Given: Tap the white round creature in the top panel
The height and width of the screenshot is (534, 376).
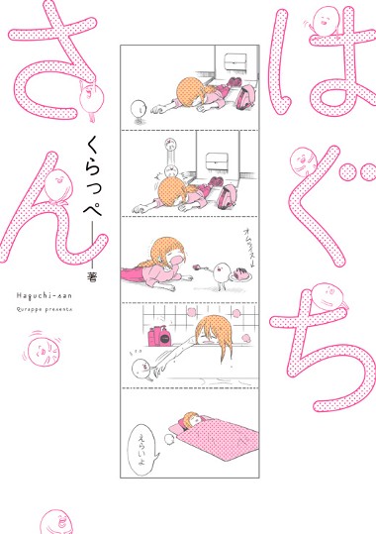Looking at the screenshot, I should (139, 107).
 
